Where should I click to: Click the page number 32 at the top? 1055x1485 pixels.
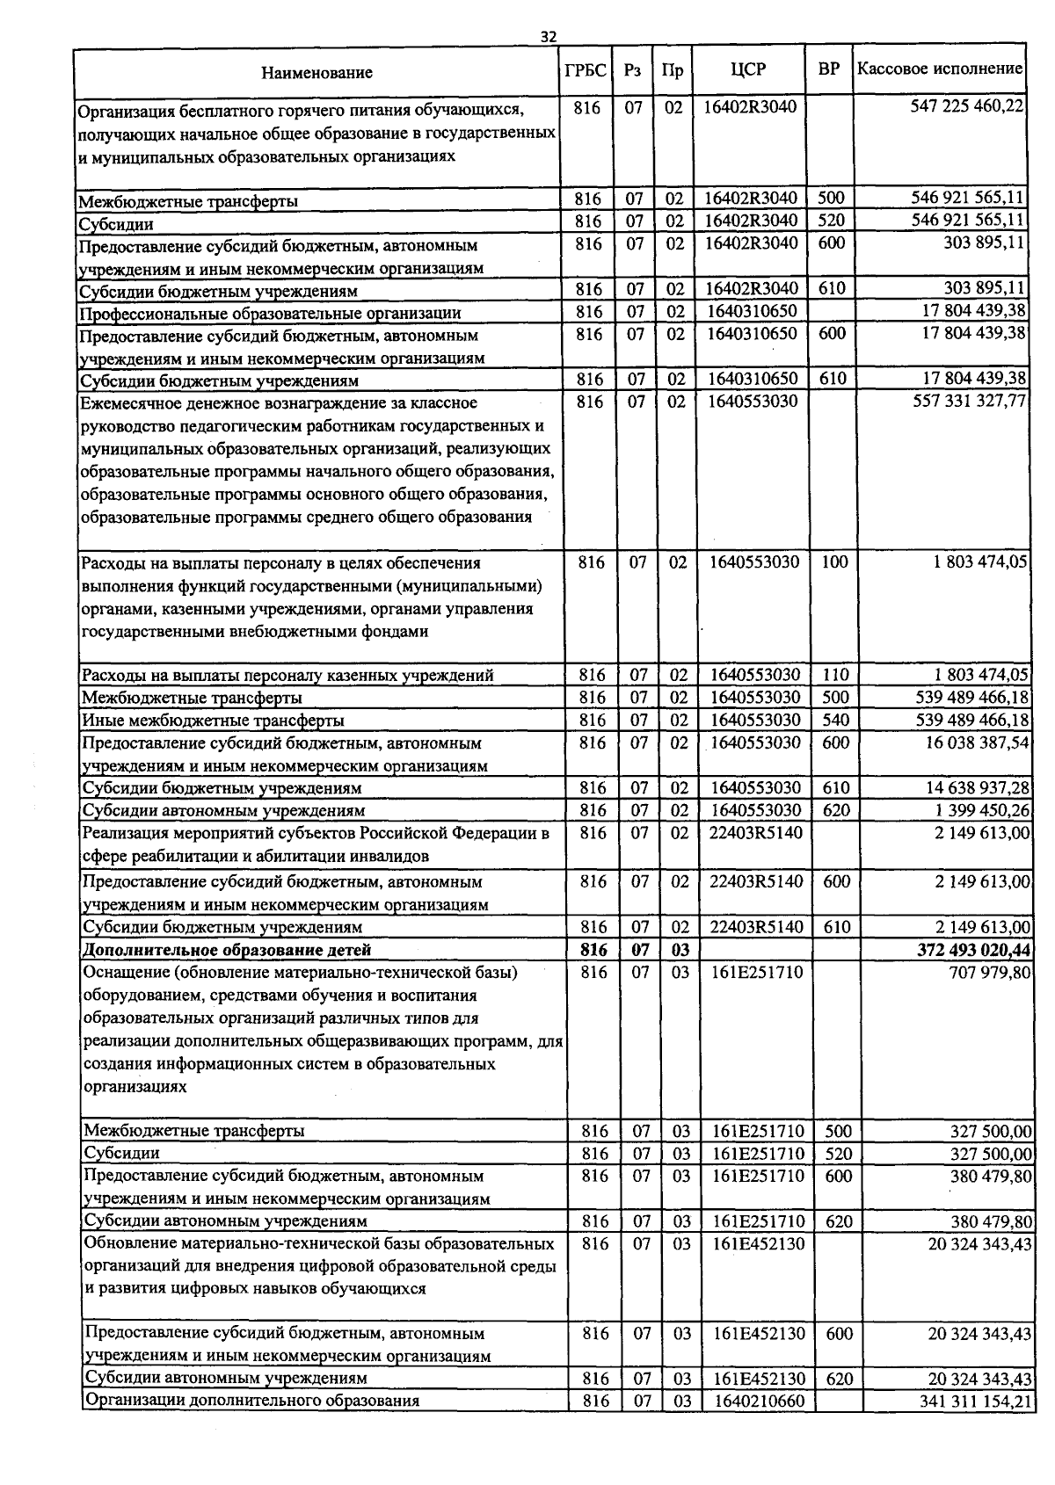click(549, 36)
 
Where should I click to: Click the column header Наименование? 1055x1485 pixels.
click(316, 72)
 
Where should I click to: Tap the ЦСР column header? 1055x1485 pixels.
click(748, 70)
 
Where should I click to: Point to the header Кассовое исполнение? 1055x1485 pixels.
click(940, 69)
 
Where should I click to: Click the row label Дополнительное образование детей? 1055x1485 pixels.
click(227, 950)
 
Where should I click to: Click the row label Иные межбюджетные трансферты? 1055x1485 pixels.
click(213, 721)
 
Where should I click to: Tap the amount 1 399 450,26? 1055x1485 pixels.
click(982, 810)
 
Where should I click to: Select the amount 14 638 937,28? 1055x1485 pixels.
click(977, 787)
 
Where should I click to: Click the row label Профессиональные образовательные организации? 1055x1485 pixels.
click(270, 313)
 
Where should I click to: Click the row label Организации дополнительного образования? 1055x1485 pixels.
click(251, 1401)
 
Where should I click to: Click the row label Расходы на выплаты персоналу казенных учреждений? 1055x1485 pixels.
click(287, 676)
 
